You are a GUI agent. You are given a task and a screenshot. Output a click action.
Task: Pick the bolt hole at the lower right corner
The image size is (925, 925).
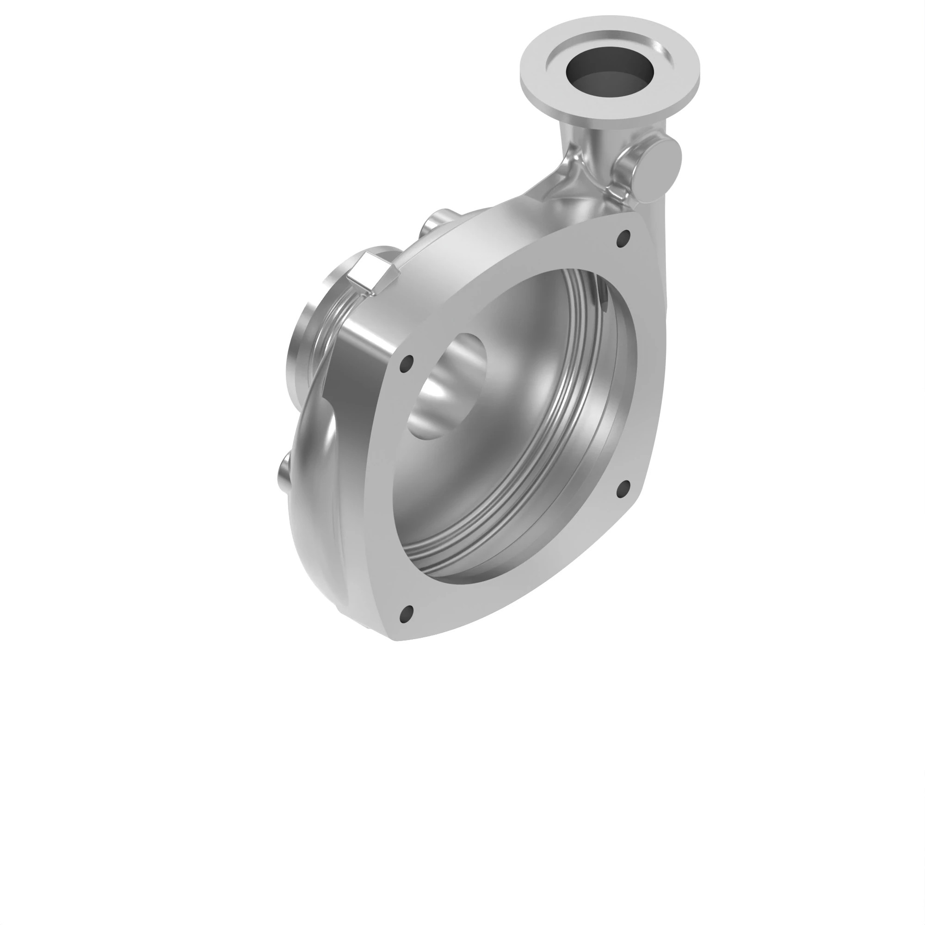623,489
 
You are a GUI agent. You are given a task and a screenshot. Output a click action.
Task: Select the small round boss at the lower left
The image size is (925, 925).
284,474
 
